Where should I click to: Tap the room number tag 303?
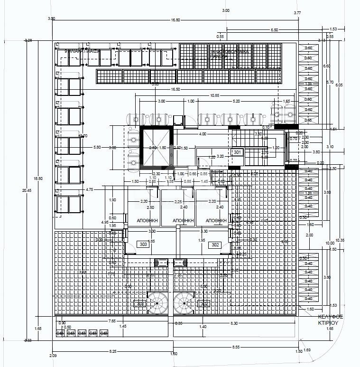142,244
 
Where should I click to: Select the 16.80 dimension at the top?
175,20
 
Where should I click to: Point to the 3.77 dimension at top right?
297,13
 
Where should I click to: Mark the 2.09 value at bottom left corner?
52,356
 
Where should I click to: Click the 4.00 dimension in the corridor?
203,134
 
